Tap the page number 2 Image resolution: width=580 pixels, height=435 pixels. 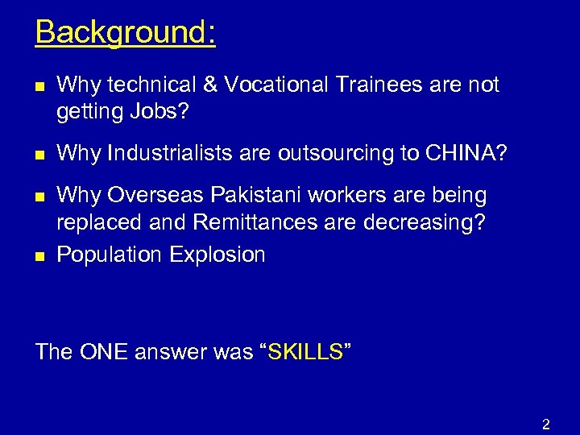click(x=545, y=425)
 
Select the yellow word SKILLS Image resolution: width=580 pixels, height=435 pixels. click(x=304, y=352)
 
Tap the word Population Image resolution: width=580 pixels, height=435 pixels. click(x=110, y=255)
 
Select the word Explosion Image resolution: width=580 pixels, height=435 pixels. click(x=217, y=255)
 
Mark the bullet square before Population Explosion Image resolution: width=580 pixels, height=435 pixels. click(x=40, y=256)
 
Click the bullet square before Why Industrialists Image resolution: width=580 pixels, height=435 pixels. click(x=40, y=154)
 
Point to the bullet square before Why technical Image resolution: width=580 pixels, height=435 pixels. click(x=40, y=85)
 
